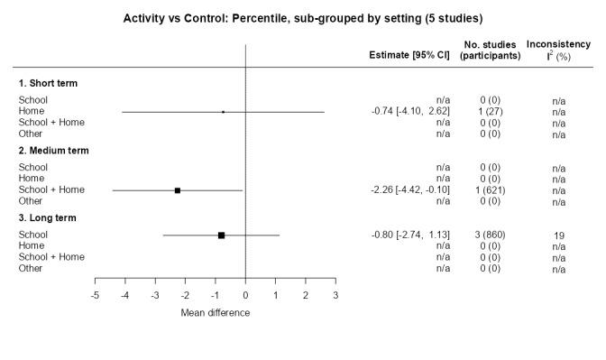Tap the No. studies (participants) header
[x=490, y=50]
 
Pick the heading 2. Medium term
[x=54, y=151]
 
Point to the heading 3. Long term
[x=48, y=217]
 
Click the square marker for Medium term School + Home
[x=178, y=190]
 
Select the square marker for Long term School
[x=221, y=235]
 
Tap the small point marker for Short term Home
[x=223, y=112]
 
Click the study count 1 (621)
[x=490, y=190]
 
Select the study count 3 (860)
[x=490, y=235]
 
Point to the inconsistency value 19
[x=559, y=235]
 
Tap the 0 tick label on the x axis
[x=245, y=296]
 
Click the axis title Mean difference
[x=216, y=313]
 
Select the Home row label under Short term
[x=32, y=112]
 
